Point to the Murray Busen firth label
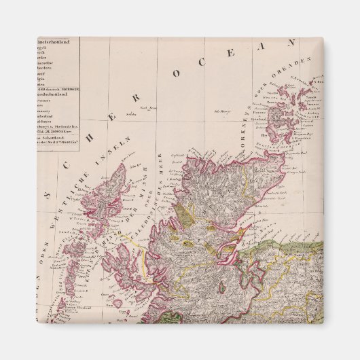click(272, 224)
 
